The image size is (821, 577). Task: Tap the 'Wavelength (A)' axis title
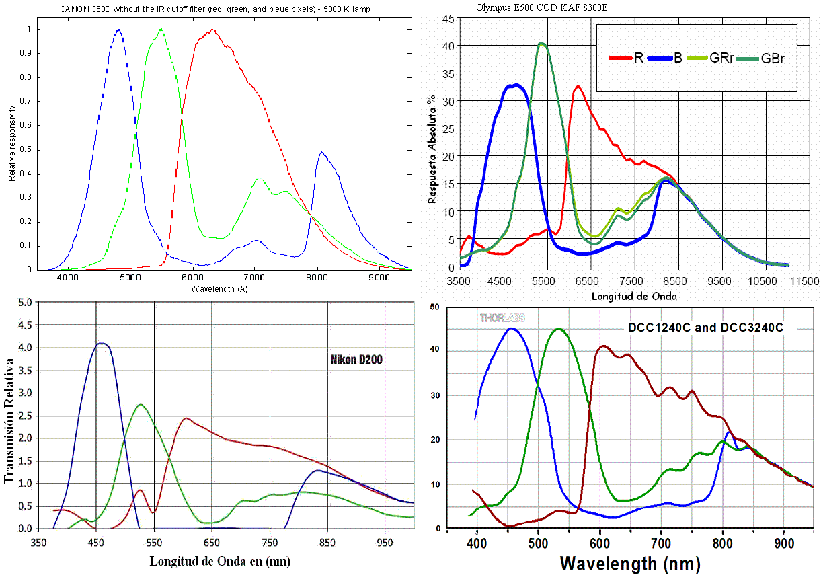pos(223,288)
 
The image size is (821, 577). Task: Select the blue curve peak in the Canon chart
pos(118,30)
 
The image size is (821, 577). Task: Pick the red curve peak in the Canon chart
pos(212,30)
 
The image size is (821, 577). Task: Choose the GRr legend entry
pos(715,58)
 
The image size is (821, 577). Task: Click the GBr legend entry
pos(769,58)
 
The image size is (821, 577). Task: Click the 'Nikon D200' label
pos(356,360)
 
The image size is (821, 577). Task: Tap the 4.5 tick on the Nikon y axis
pos(24,325)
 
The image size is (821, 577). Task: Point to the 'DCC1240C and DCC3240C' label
pos(705,328)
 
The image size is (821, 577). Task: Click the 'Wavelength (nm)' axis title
pos(630,562)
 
